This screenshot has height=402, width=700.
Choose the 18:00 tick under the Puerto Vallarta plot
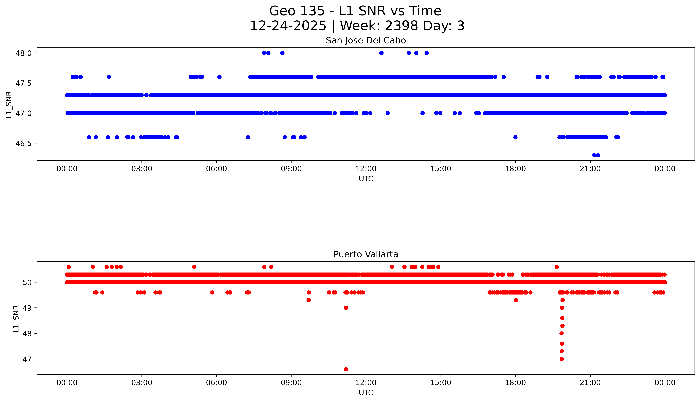click(x=515, y=383)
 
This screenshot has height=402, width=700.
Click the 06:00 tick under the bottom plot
click(x=216, y=383)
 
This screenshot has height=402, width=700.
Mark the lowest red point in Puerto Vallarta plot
click(x=346, y=369)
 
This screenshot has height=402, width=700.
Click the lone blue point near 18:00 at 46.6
click(x=515, y=137)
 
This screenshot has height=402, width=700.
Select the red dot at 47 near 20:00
click(x=562, y=359)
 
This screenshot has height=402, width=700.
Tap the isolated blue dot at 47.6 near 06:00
click(x=219, y=77)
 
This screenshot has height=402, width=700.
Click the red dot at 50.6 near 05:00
click(x=194, y=267)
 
